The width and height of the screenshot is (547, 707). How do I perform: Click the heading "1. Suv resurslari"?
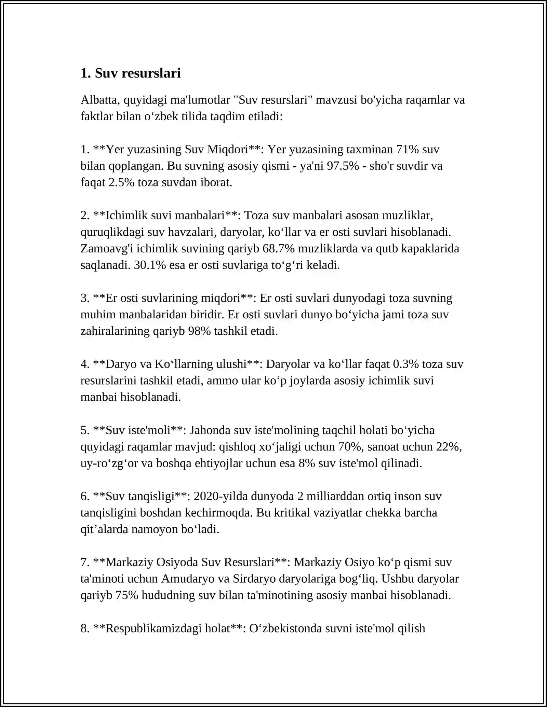point(131,73)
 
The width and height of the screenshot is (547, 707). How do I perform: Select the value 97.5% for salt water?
point(343,166)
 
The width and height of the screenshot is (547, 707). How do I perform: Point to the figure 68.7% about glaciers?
point(279,249)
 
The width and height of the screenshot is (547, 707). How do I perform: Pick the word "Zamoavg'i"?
point(107,249)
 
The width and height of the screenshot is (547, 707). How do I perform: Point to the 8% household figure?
point(307,463)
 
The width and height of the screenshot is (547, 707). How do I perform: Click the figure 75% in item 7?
point(127,595)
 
